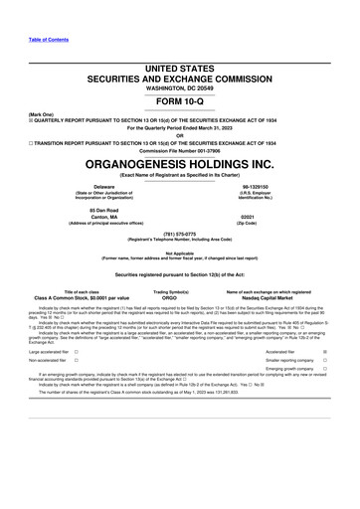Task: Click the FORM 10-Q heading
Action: (180, 102)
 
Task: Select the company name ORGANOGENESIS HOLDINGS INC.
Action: (180, 163)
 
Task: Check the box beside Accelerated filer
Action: (325, 351)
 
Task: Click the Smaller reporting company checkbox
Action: (325, 361)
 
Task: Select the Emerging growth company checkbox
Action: (325, 371)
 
